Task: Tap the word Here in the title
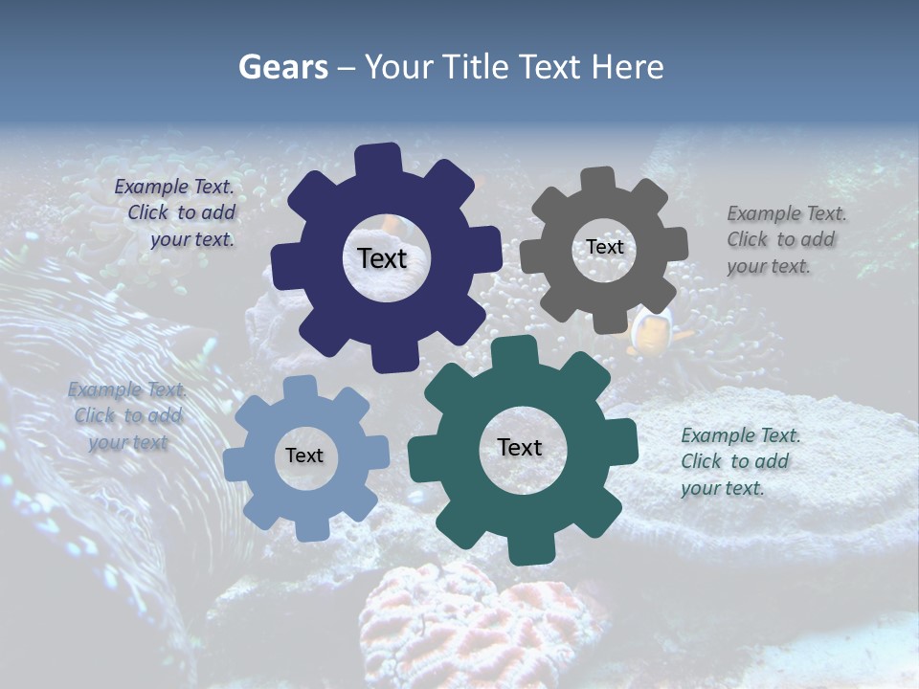click(628, 67)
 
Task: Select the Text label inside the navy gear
click(382, 258)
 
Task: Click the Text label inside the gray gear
click(604, 247)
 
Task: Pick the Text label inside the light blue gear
click(303, 456)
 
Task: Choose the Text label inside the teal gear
click(519, 447)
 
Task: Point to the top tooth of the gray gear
click(598, 181)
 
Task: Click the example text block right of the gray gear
click(785, 239)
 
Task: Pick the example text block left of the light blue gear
click(127, 416)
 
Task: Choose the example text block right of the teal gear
click(739, 461)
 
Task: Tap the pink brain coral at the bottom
click(479, 622)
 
